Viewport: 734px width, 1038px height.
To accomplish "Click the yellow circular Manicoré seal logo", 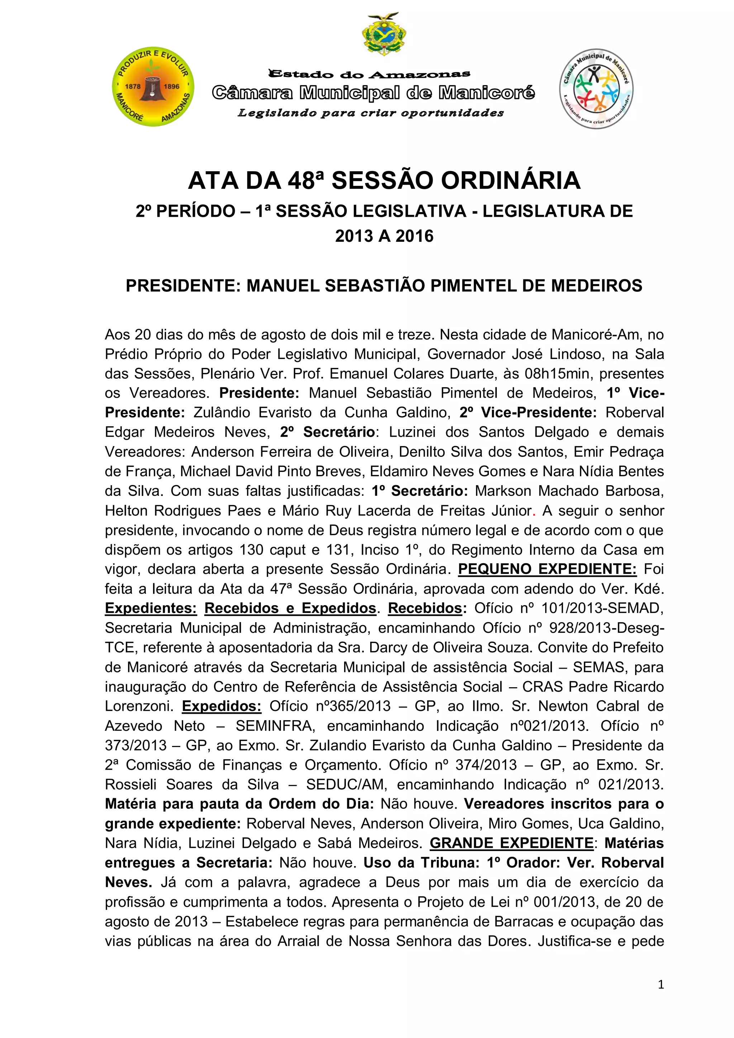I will pos(153,86).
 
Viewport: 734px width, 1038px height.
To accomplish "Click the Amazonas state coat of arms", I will pos(384,34).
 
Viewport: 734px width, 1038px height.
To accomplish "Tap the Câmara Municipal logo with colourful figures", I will pos(596,89).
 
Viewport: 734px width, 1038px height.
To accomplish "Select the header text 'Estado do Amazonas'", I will pos(369,74).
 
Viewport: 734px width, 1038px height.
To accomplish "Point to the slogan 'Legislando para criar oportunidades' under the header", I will pos(371,113).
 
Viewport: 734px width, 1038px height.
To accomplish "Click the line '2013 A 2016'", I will pos(384,236).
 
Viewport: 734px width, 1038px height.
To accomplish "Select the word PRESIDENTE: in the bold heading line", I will pos(183,286).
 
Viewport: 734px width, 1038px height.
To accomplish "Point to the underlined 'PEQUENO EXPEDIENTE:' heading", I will pos(547,569).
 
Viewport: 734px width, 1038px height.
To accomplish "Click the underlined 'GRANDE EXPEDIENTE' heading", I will pos(511,843).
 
